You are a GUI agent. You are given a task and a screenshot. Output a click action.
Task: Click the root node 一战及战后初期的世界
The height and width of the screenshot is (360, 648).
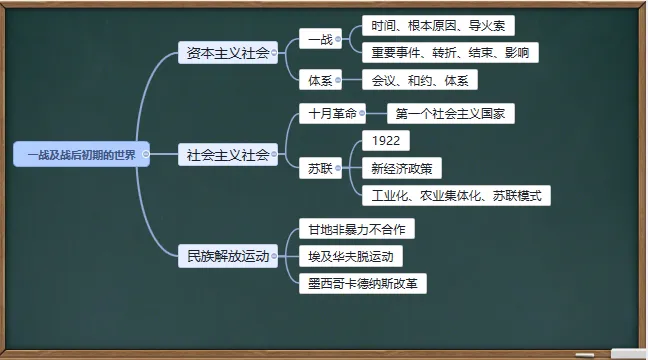(81, 155)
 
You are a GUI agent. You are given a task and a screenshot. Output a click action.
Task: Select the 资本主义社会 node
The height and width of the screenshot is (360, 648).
(228, 52)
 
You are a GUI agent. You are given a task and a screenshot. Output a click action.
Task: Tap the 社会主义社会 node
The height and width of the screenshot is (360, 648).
(228, 155)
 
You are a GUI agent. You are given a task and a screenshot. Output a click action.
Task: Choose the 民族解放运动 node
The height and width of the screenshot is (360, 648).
(228, 256)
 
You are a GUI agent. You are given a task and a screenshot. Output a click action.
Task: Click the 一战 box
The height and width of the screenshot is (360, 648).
(319, 39)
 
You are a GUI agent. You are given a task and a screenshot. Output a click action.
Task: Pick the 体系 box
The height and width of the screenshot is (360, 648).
(319, 80)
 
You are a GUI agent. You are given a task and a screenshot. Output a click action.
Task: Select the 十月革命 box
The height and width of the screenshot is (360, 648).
(328, 113)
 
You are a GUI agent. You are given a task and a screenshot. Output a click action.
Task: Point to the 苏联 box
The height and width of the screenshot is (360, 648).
(317, 167)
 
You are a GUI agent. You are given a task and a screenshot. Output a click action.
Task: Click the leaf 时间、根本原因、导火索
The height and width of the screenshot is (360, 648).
(438, 24)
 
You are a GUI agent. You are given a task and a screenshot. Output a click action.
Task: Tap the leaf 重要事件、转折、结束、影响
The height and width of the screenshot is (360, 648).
(450, 52)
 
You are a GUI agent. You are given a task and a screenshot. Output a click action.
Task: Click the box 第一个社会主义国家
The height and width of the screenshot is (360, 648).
(450, 113)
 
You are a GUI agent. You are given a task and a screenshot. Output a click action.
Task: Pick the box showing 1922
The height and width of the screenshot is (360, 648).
(385, 140)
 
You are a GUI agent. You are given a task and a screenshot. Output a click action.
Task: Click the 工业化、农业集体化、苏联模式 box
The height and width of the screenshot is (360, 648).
(455, 195)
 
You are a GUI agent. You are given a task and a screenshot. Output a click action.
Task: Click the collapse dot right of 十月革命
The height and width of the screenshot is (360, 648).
(362, 113)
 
